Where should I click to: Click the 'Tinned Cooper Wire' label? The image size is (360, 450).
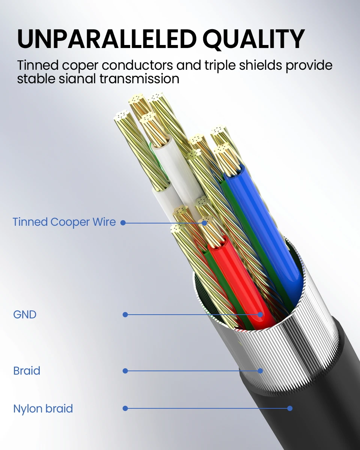tap(64, 222)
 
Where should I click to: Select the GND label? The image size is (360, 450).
tap(25, 314)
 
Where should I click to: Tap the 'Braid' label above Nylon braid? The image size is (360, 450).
tap(27, 371)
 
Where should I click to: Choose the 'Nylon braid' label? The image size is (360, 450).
tap(43, 408)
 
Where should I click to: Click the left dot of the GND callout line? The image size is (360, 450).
tap(125, 315)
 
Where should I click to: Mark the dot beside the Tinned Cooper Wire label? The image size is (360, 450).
tap(123, 223)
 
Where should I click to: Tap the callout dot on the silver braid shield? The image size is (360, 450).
tap(260, 371)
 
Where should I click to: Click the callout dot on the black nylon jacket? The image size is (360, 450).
tap(290, 408)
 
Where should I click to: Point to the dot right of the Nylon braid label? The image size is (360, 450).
tap(125, 408)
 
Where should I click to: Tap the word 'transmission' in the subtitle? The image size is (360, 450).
tap(142, 79)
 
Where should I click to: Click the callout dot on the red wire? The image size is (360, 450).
tap(260, 315)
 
